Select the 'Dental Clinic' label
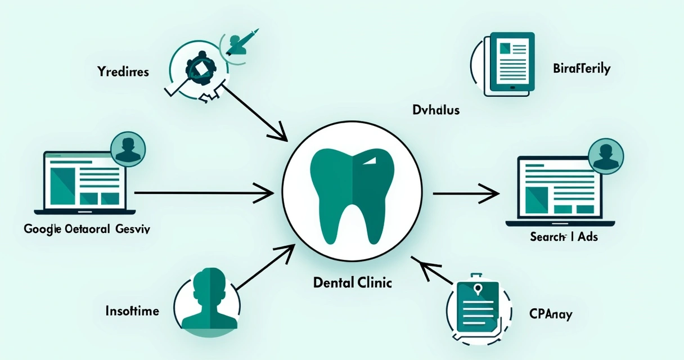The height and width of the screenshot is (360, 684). pos(352,282)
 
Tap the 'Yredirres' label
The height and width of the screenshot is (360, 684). pos(123,72)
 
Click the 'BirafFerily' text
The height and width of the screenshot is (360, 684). pos(582,69)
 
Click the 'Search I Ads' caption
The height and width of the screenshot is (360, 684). pos(563,237)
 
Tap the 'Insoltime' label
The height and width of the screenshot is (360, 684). pos(132,310)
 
